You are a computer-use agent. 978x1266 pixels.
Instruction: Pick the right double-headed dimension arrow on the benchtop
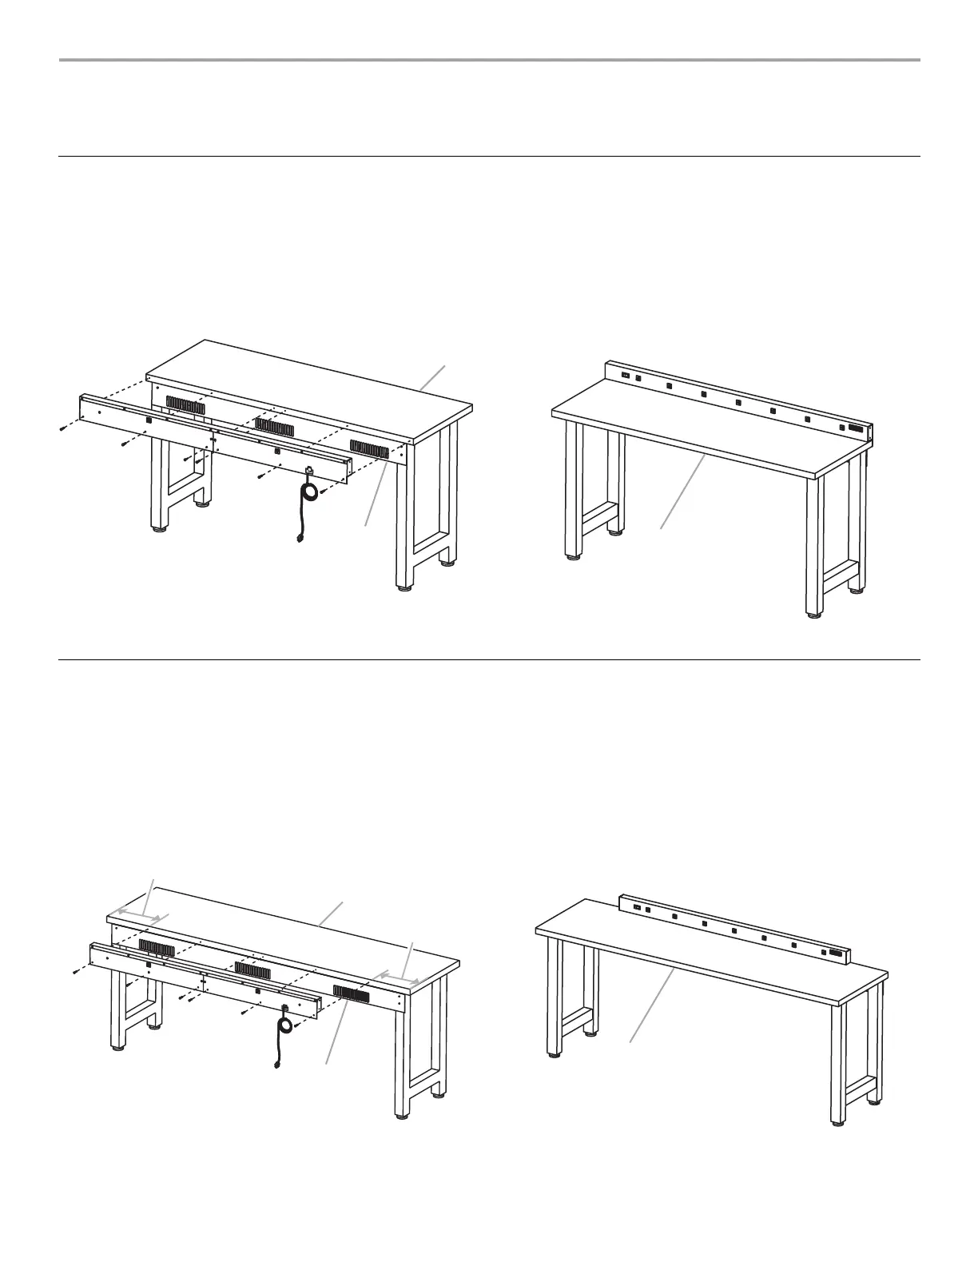point(399,976)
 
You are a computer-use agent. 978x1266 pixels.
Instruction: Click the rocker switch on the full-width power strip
point(626,375)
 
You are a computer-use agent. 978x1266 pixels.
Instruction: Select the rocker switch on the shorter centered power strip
point(638,906)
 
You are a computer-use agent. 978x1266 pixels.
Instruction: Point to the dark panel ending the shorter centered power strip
point(836,953)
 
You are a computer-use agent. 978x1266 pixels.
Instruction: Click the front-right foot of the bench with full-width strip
point(813,614)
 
